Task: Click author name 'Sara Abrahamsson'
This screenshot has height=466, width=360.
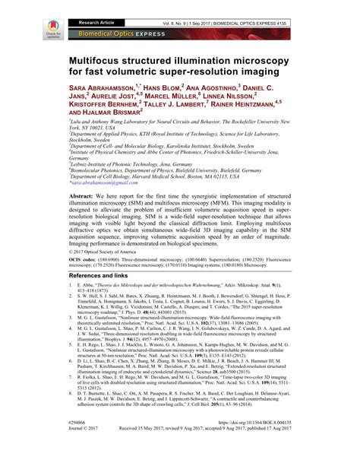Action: coord(102,88)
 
